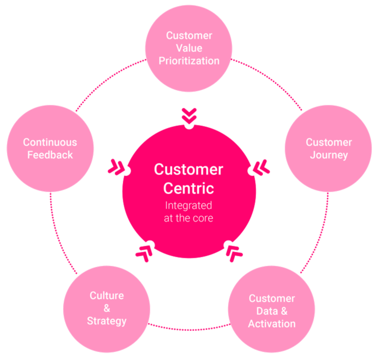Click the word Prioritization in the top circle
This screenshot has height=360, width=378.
pyautogui.click(x=189, y=61)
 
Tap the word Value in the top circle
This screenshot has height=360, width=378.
pyautogui.click(x=189, y=48)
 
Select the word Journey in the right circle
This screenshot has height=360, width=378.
pyautogui.click(x=329, y=155)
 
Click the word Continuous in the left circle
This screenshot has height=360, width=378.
pyautogui.click(x=50, y=142)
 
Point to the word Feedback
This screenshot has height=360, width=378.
pyautogui.click(x=50, y=155)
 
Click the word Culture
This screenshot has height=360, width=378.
pyautogui.click(x=107, y=296)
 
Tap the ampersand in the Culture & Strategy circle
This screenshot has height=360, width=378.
pyautogui.click(x=107, y=308)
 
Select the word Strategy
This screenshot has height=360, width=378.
pyautogui.click(x=107, y=321)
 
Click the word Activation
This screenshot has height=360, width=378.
pyautogui.click(x=272, y=323)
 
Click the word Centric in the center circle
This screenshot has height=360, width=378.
pyautogui.click(x=188, y=189)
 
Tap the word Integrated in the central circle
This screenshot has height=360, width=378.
pyautogui.click(x=188, y=206)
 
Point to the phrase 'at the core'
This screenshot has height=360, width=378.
pyautogui.click(x=188, y=218)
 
